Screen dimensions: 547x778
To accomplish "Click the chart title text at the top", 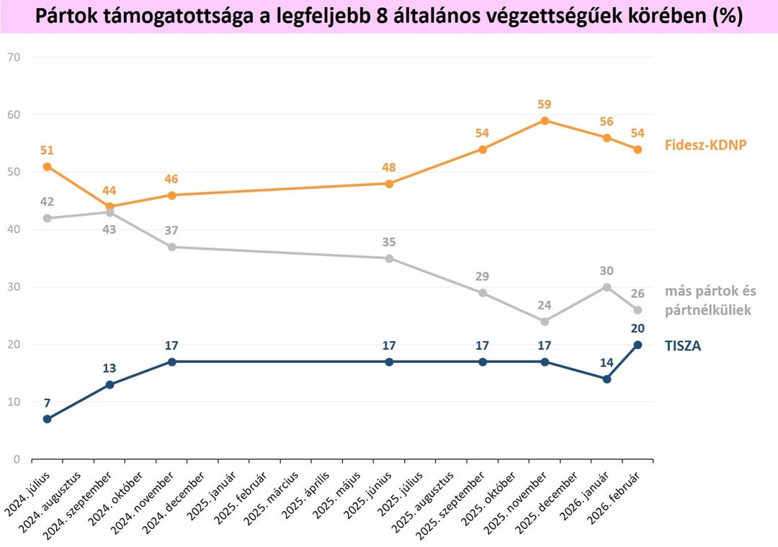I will point(389,16).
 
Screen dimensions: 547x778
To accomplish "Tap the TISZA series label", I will point(683,345).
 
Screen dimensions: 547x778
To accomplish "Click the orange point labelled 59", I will point(545,120).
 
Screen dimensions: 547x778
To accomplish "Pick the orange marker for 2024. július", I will point(47,166).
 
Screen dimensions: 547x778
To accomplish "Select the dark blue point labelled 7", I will point(47,419).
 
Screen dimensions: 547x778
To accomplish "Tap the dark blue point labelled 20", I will point(638,344).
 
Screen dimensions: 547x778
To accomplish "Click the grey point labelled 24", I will point(545,321).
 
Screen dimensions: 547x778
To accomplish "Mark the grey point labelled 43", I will point(109,212).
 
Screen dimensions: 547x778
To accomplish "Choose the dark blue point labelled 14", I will point(607,379).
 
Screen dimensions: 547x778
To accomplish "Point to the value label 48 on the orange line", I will point(389,168).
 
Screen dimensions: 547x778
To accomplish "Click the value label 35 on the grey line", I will point(389,242).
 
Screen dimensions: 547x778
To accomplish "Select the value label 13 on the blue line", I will point(109,369).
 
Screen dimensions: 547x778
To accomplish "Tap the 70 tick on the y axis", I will point(15,57).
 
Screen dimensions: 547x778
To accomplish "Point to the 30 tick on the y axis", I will point(15,287).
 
